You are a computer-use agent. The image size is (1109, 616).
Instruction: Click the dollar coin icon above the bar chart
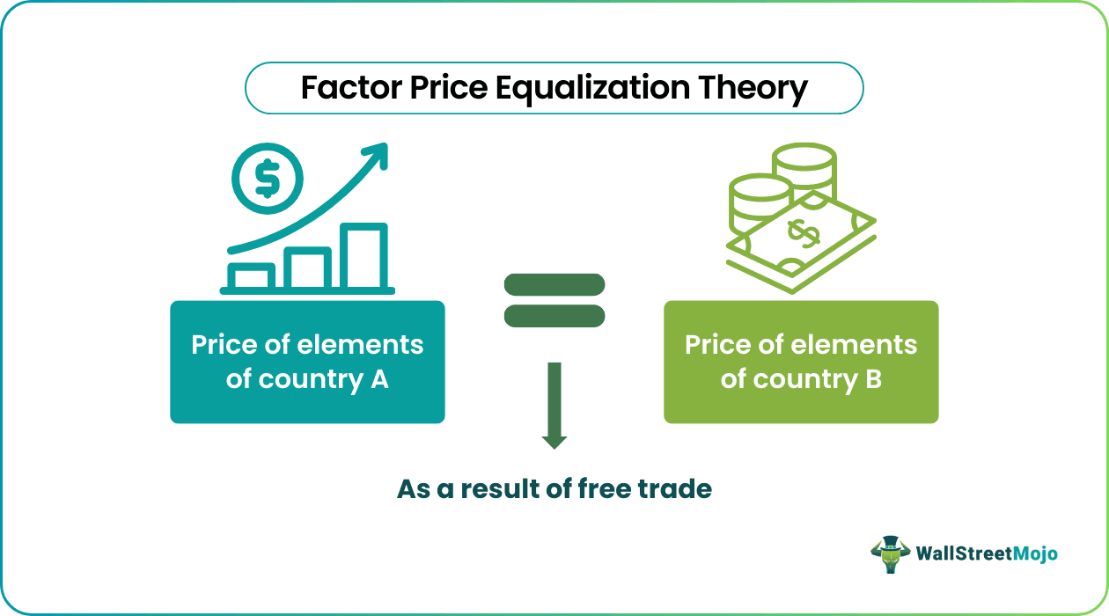(x=267, y=179)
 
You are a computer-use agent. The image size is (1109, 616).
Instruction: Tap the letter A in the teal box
(x=378, y=379)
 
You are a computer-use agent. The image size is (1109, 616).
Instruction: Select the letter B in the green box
(x=871, y=379)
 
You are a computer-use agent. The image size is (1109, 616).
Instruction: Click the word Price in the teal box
(x=221, y=344)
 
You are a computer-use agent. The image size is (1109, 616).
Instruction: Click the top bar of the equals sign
(x=554, y=284)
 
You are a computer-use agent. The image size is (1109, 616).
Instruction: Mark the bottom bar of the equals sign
(x=554, y=315)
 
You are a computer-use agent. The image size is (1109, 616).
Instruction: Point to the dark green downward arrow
(x=554, y=405)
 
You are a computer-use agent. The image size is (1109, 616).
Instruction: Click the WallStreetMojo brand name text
(x=987, y=554)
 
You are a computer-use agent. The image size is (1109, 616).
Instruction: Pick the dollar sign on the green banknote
(x=803, y=233)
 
